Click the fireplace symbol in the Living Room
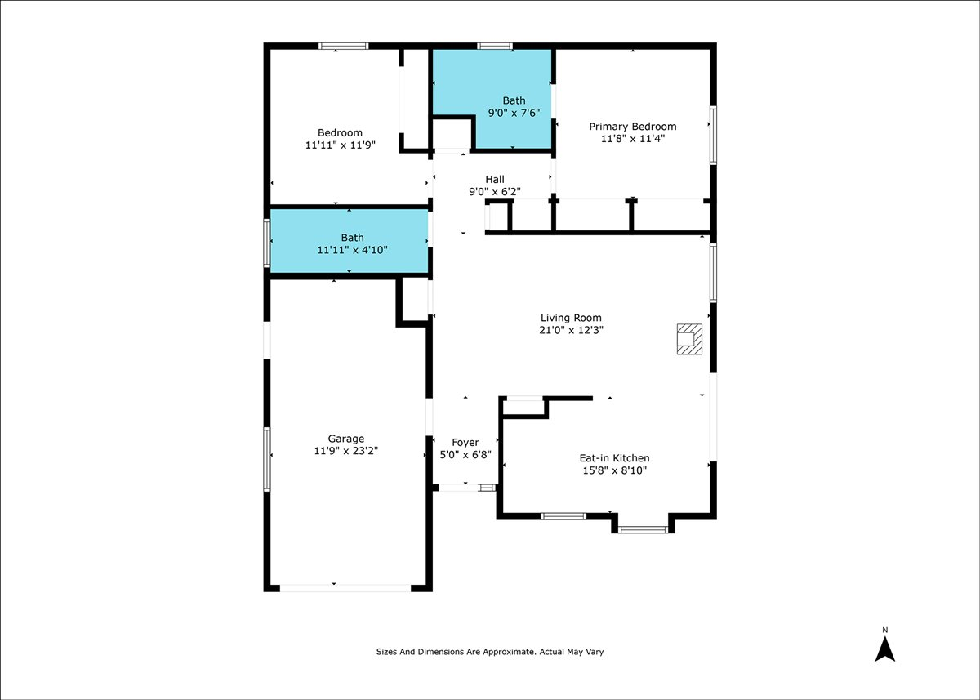coord(689,339)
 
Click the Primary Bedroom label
coord(633,127)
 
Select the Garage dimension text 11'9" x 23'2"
coord(345,451)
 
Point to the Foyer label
coord(465,443)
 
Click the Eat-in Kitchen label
coord(615,458)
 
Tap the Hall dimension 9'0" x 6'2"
coord(495,192)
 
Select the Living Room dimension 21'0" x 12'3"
coord(571,330)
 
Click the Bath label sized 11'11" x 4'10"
coord(352,238)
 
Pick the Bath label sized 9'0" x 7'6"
coord(514,100)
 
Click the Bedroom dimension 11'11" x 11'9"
coord(341,145)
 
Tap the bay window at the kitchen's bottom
coord(643,530)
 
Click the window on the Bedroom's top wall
coord(344,46)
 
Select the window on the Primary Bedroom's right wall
coord(713,136)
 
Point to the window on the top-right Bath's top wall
coord(494,46)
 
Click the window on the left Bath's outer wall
coord(267,243)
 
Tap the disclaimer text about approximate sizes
coord(490,652)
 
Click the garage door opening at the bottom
coord(345,588)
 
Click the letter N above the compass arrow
coord(885,631)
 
